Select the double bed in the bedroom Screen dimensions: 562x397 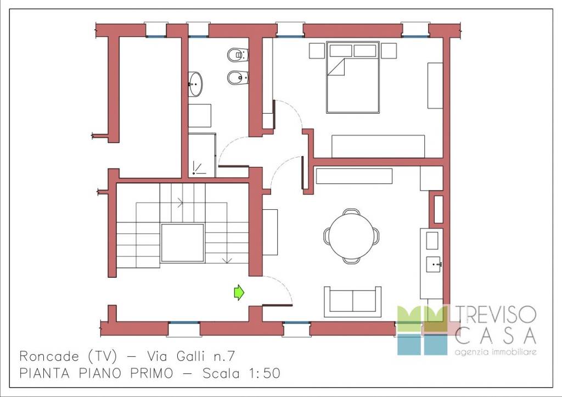(x=353, y=77)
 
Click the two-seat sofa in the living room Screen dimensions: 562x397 (x=353, y=301)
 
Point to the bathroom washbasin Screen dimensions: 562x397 (x=195, y=84)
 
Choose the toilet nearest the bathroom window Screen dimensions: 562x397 (x=238, y=55)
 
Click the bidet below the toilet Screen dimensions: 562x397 (x=238, y=77)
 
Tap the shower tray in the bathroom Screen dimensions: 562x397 (x=202, y=155)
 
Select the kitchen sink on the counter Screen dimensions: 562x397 (x=434, y=264)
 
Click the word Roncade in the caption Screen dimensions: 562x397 (x=49, y=356)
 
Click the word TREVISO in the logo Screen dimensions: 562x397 (x=496, y=315)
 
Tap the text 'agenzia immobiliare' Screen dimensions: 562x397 (x=496, y=352)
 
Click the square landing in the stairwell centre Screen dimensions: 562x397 (x=182, y=243)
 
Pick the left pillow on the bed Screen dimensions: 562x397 (x=340, y=51)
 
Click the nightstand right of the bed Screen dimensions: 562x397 (x=389, y=51)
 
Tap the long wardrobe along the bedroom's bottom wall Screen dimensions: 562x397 (x=378, y=146)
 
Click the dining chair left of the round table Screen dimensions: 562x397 (x=327, y=236)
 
